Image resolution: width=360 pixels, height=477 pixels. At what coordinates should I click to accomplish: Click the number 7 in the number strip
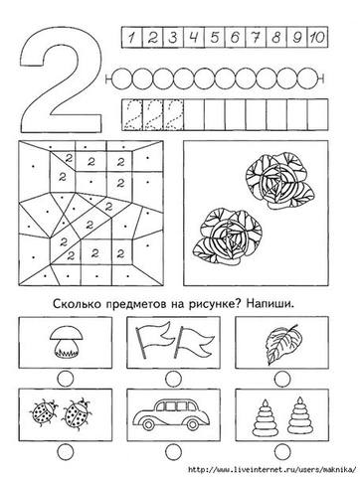pos(256,37)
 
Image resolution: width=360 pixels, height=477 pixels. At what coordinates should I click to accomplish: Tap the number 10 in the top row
pos(317,37)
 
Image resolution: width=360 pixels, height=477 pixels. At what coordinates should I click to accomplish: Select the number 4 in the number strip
pos(194,37)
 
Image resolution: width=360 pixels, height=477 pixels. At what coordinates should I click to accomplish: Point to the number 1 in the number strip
pos(132,38)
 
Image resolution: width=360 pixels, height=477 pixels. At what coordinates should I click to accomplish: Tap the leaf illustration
pos(283,344)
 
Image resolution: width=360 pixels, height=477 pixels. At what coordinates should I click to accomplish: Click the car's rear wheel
pos(192,424)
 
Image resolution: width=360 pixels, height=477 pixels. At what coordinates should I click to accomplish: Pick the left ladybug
pos(44,412)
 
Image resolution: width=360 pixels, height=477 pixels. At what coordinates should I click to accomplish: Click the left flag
pos(154,341)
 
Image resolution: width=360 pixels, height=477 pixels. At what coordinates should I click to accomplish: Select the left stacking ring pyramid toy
pos(265,417)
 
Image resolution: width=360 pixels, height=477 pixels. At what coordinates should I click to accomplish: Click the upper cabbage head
pos(280,181)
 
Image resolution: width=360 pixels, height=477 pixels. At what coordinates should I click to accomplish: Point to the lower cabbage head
pos(228,236)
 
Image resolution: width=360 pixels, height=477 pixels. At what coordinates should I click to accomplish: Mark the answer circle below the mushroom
pos(66,379)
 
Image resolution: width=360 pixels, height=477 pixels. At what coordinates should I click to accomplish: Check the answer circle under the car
pos(173,451)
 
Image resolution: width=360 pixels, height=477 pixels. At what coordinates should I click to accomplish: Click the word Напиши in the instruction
pos(270,303)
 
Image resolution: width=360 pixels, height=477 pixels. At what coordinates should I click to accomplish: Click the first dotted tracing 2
pos(132,115)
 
